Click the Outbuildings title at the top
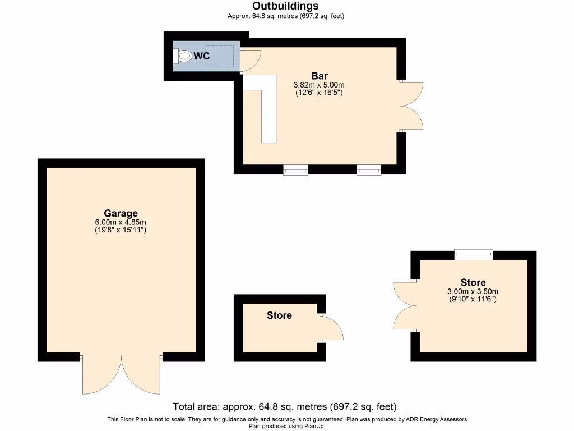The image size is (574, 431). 285,6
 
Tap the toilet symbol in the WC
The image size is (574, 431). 183,56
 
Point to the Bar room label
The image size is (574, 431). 320,76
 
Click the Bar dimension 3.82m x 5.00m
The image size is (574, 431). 319,85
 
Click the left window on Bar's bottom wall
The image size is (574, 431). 295,170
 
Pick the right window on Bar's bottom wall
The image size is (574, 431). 369,170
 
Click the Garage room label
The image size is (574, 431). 121,213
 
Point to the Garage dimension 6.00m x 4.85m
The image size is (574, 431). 121,222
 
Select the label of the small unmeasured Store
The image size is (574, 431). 279,315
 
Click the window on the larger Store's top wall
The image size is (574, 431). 474,255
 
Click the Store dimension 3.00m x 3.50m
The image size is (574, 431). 473,291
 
